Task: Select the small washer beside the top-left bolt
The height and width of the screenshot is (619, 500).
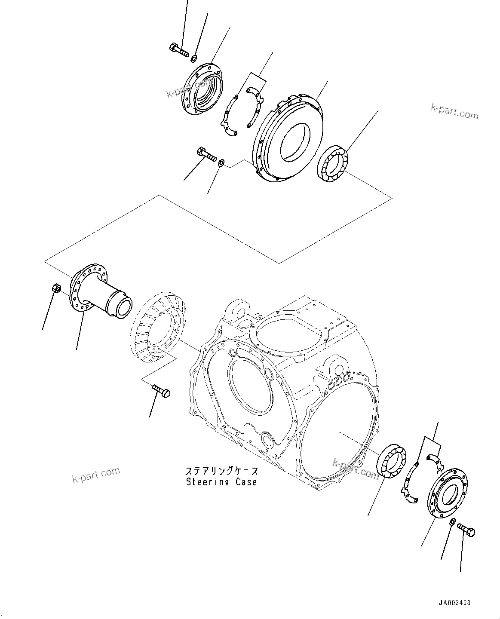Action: coord(194,58)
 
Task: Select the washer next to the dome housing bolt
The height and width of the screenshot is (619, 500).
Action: coord(221,163)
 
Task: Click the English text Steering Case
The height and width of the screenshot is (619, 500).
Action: coord(221,482)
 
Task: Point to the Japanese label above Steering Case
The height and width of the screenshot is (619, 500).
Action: coord(221,471)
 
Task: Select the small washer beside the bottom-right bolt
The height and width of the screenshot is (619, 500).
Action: coord(451,522)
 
